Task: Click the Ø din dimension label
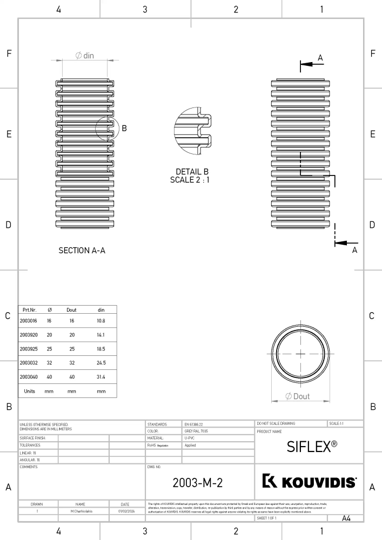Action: [84, 56]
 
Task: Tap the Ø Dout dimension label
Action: [298, 396]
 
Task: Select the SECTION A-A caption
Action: [82, 251]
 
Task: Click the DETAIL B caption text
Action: [192, 172]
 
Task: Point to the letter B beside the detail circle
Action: [124, 129]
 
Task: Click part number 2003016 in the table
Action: [28, 321]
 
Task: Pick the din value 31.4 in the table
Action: [101, 376]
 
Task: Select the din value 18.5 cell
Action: [101, 349]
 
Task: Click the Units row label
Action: [29, 391]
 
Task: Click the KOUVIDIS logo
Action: [309, 482]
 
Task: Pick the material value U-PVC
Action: [190, 438]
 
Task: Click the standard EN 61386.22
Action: [195, 424]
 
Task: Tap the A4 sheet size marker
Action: [346, 518]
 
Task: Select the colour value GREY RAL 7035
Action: [197, 431]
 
